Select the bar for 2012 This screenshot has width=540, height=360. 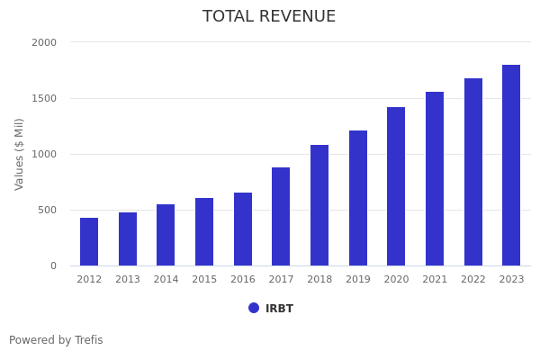pos(89,241)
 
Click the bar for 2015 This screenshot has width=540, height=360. pos(204,231)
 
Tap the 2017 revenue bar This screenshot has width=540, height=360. pos(281,216)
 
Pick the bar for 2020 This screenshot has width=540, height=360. pos(396,186)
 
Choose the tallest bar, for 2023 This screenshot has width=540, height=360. pos(511,165)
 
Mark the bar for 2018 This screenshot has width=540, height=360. pos(319,205)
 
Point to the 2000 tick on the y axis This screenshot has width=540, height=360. pos(44,42)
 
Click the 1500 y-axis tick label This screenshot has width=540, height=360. pos(44,98)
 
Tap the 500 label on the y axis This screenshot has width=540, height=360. pos(47,210)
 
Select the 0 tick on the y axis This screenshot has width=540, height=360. pos(53,265)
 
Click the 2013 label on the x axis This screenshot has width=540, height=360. pos(128,280)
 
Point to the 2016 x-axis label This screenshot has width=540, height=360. pos(243,280)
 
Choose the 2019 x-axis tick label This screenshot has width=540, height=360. pos(358,280)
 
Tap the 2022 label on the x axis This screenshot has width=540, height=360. pos(473,280)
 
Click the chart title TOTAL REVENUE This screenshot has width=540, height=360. pos(269,17)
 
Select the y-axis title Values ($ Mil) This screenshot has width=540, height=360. pos(20,154)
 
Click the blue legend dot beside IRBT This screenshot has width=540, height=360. pos(254,308)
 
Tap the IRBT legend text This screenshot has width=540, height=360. pos(279,309)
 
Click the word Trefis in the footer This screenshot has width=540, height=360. pos(88,340)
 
